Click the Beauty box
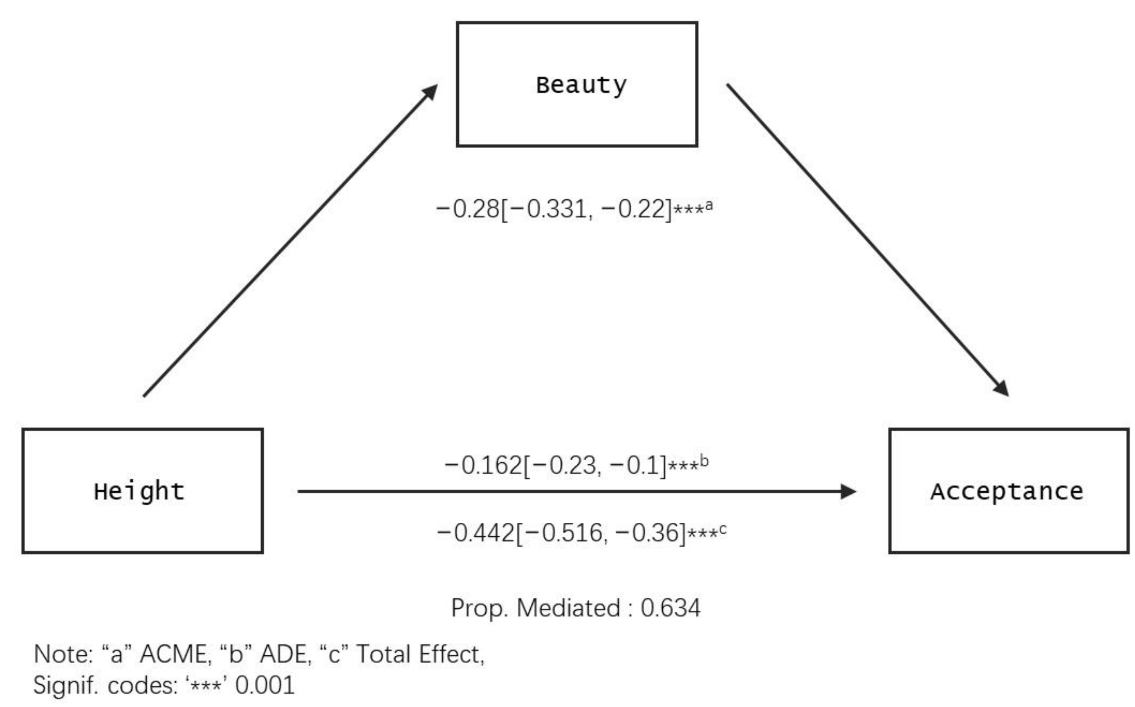[x=577, y=84]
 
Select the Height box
[x=143, y=490]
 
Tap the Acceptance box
[x=1008, y=490]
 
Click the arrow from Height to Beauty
[x=290, y=241]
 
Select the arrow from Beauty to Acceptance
[x=867, y=240]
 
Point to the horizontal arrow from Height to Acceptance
[x=575, y=491]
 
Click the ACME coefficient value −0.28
[x=468, y=209]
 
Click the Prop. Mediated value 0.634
[x=670, y=608]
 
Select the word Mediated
[x=569, y=608]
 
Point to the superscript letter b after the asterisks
[x=704, y=462]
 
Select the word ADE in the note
[x=285, y=654]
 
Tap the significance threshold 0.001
[x=265, y=686]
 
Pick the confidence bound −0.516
[x=568, y=532]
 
